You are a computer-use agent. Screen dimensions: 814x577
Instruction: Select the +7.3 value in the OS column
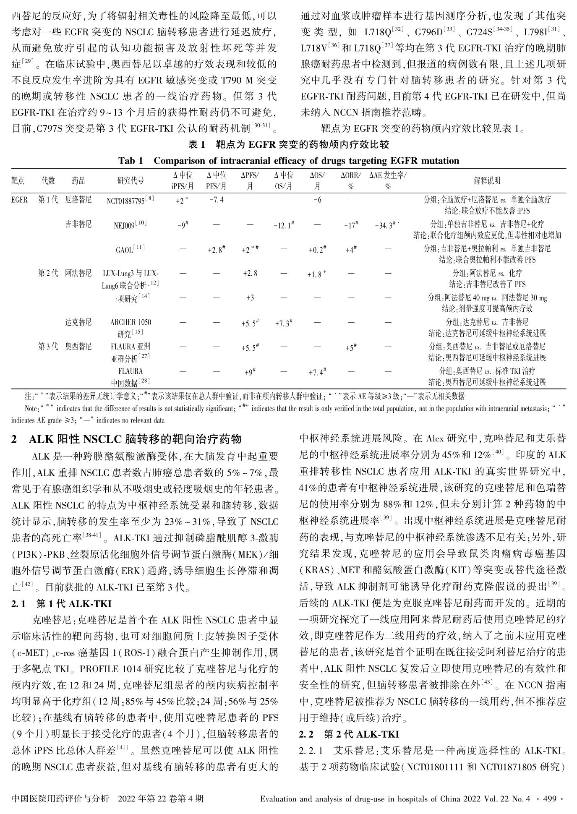click(x=284, y=323)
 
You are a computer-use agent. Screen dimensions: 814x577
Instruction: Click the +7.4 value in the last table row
click(x=317, y=371)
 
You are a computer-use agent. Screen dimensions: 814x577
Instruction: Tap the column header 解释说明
click(x=487, y=180)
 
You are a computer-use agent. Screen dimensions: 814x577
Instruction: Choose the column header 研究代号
click(x=130, y=180)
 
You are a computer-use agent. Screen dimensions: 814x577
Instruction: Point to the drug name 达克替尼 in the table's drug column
click(x=78, y=322)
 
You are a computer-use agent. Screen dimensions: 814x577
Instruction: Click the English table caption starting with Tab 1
click(x=289, y=161)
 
